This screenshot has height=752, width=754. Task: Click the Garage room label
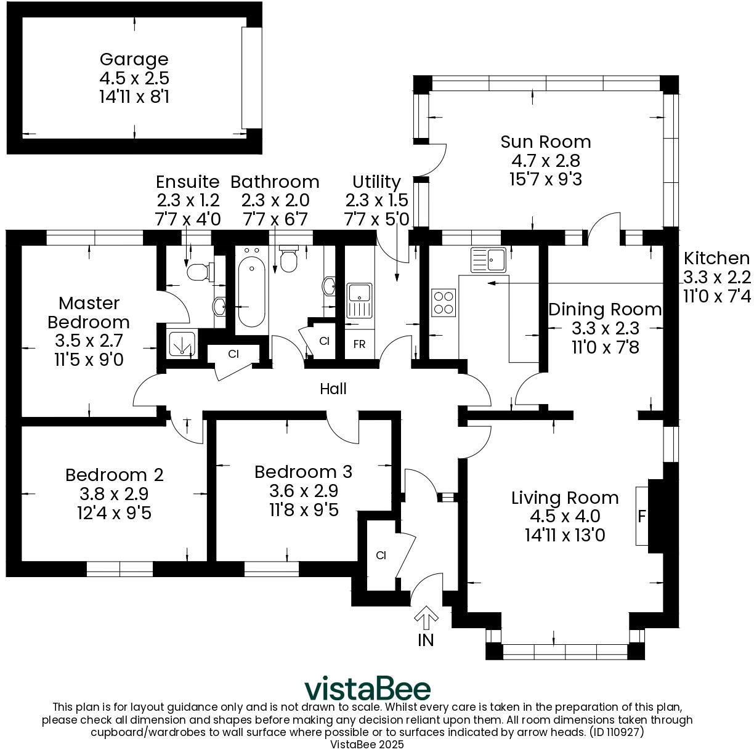[x=134, y=60]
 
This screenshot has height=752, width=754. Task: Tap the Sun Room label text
[x=545, y=142]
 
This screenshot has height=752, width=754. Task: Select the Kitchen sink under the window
[x=488, y=259]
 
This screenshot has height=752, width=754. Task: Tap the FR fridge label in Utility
[x=359, y=344]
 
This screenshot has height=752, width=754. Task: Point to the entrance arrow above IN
[x=426, y=617]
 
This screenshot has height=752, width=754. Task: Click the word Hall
[x=333, y=389]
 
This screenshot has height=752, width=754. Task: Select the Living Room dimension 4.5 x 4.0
[x=564, y=516]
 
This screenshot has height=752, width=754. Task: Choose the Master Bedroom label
[x=89, y=312]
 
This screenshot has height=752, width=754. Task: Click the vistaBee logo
[x=368, y=688]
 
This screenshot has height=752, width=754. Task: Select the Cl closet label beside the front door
[x=381, y=556]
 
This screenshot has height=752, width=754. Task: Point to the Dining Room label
[x=605, y=309]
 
